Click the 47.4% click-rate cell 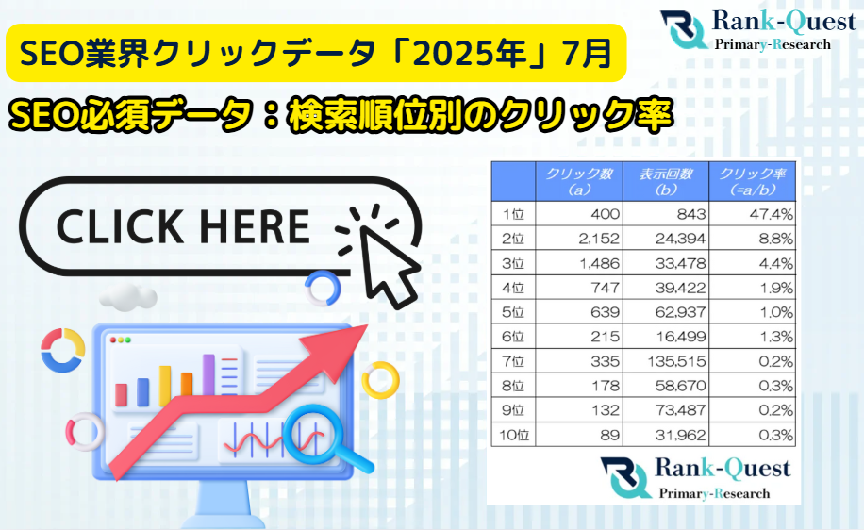(752, 214)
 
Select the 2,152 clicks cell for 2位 (579, 239)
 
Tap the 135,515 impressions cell (666, 361)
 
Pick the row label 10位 (513, 436)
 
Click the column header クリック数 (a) (579, 182)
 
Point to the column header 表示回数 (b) (666, 182)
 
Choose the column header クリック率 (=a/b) (752, 182)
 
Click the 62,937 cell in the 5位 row (666, 312)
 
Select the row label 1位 (513, 214)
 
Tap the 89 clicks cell (579, 436)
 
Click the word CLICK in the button (120, 226)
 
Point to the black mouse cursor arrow (386, 264)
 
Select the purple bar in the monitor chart (208, 374)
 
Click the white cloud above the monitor (128, 297)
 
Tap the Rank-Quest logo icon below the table (625, 477)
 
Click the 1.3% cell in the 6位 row (752, 337)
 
